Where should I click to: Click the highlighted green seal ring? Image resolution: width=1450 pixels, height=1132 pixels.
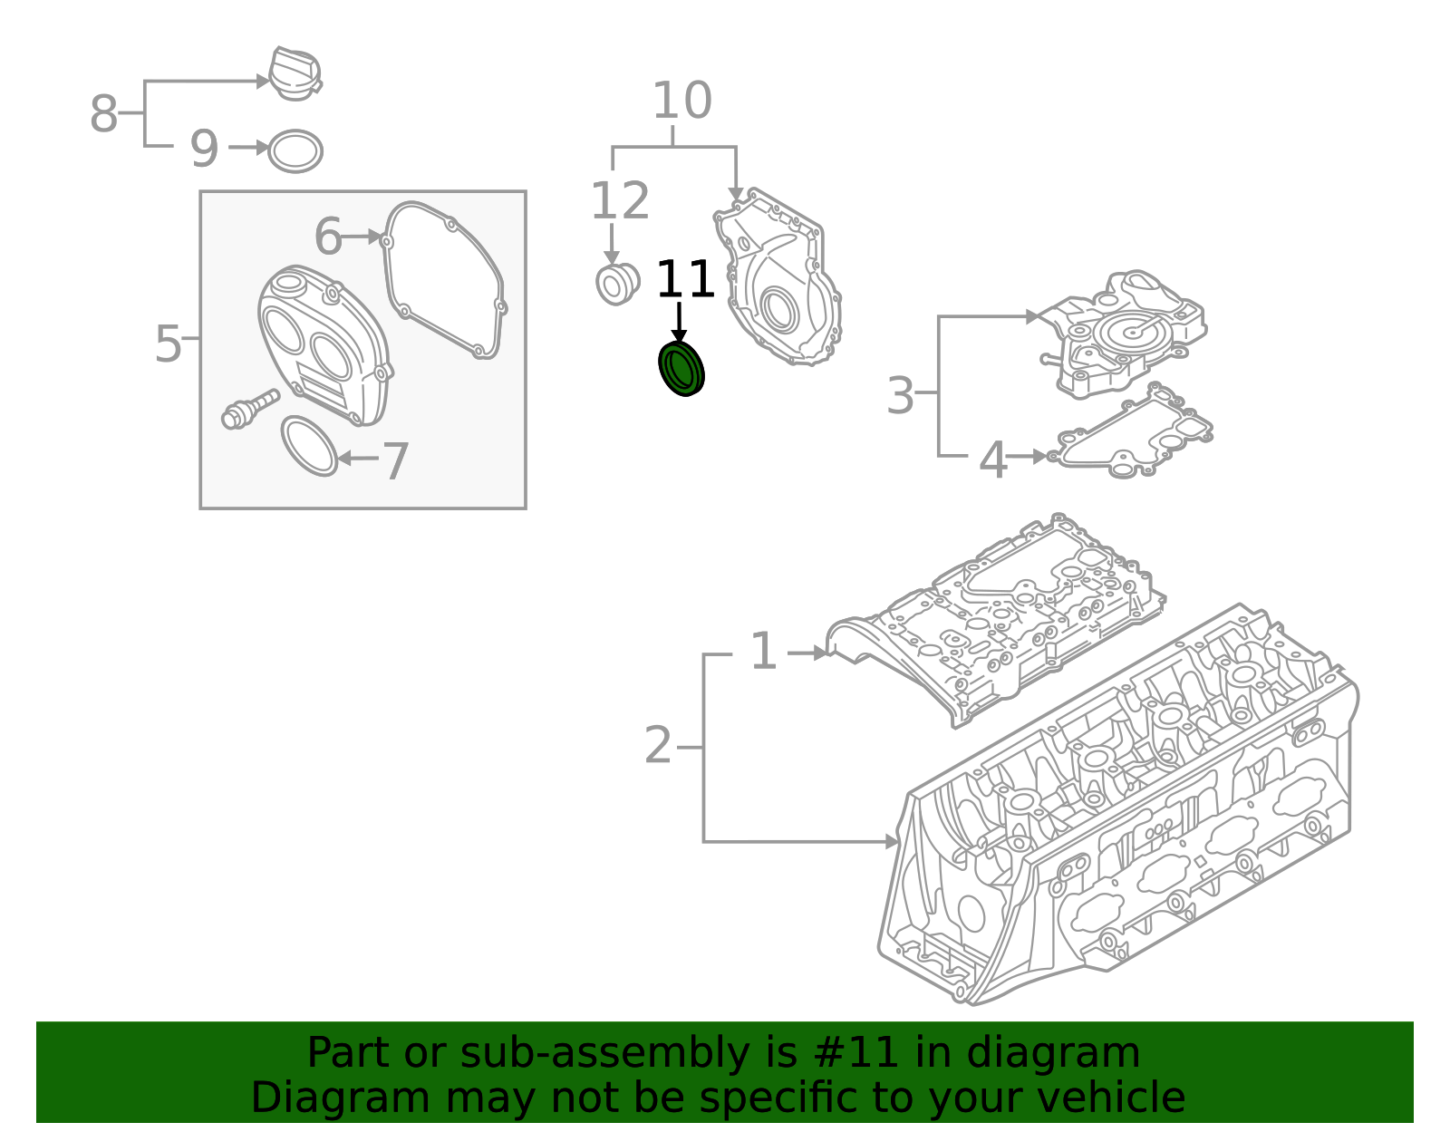[681, 369]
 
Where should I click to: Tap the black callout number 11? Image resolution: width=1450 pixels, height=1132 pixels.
[685, 280]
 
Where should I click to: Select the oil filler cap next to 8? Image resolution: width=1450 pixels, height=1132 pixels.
[295, 74]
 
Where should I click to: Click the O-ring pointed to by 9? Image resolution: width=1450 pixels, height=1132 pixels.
[296, 151]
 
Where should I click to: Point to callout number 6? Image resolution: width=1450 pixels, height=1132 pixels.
[327, 237]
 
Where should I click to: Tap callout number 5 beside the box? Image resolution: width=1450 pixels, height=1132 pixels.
[168, 343]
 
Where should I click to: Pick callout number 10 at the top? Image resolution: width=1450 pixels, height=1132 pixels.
[681, 101]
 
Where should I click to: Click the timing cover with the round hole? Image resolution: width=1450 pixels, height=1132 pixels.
[779, 281]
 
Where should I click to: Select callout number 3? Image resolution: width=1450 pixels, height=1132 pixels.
[899, 396]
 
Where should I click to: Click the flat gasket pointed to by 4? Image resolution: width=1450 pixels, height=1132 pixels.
[1133, 438]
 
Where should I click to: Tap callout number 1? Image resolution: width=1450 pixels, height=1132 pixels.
[763, 652]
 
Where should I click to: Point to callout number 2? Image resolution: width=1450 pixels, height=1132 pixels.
[658, 746]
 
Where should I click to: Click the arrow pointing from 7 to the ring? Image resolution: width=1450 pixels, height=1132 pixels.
[357, 459]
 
